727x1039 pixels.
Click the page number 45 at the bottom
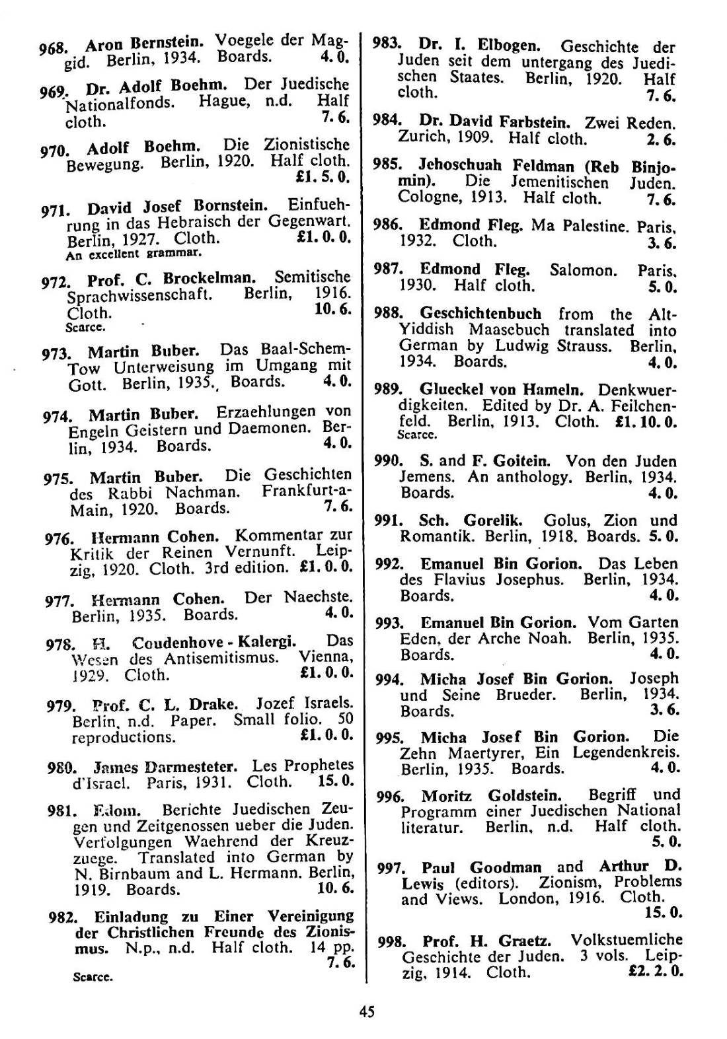coord(367,1011)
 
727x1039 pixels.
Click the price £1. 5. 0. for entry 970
coord(323,178)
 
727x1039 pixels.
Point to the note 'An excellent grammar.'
coord(133,253)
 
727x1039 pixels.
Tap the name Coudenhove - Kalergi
coord(213,643)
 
